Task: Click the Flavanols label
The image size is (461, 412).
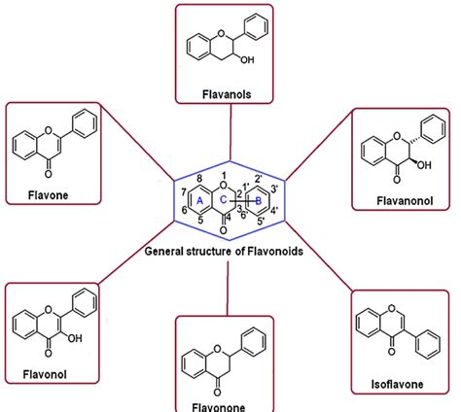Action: pos(230,92)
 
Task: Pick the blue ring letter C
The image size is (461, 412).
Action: pos(222,200)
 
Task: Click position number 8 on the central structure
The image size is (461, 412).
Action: pos(199,178)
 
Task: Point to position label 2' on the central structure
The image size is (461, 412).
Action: pos(258,178)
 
